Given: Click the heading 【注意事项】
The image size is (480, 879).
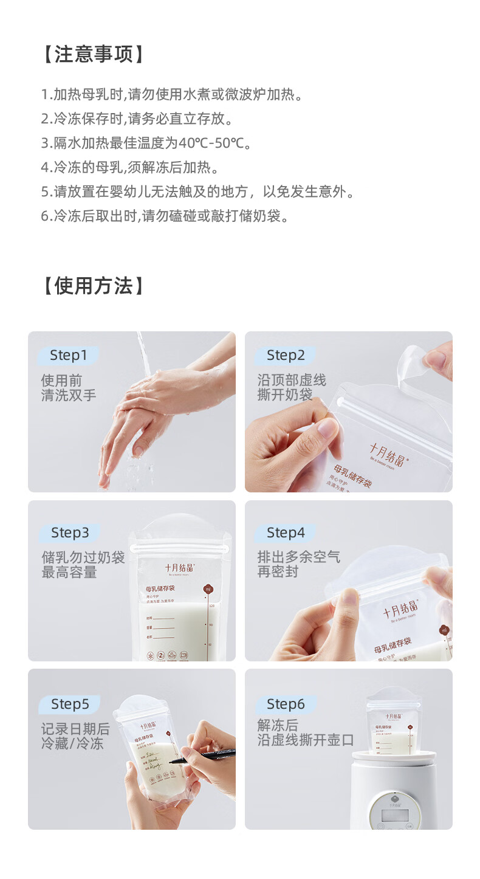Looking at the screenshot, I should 94,55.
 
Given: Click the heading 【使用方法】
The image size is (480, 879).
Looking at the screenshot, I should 94,286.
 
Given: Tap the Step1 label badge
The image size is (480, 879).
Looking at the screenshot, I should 68,356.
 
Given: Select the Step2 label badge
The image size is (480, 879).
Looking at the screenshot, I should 285,356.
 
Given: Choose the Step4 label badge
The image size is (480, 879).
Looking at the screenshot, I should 285,533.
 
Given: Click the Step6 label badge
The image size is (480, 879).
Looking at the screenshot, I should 285,705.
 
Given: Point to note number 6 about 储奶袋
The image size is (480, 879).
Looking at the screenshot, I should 165,216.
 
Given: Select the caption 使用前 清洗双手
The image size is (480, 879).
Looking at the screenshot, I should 68,388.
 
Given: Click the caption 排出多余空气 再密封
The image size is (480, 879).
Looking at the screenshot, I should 298,564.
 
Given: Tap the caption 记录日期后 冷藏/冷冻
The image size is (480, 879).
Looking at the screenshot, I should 75,736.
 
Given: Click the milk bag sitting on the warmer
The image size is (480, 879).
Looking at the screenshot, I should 393,720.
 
